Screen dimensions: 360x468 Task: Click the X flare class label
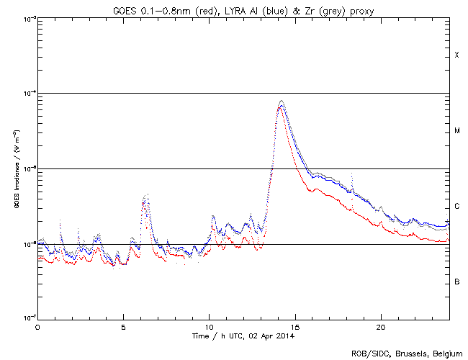pyautogui.click(x=456, y=55)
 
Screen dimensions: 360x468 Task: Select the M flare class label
pyautogui.click(x=456, y=131)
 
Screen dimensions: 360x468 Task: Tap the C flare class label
pyautogui.click(x=456, y=207)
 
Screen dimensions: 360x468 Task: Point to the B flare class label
pyautogui.click(x=456, y=282)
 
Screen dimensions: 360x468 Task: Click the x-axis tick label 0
pyautogui.click(x=37, y=326)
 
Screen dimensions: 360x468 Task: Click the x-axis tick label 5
pyautogui.click(x=123, y=326)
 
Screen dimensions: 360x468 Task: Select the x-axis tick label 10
pyautogui.click(x=209, y=326)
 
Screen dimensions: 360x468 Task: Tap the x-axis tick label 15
pyautogui.click(x=294, y=326)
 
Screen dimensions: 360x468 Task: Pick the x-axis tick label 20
pyautogui.click(x=380, y=326)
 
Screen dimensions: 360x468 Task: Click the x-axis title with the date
pyautogui.click(x=243, y=336)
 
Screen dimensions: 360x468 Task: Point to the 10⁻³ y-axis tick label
pyautogui.click(x=28, y=18)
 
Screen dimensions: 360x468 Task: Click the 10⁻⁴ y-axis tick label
pyautogui.click(x=28, y=94)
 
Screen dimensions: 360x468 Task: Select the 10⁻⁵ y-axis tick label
pyautogui.click(x=28, y=168)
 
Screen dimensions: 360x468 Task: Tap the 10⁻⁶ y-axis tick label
pyautogui.click(x=28, y=244)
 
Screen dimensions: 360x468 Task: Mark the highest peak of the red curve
pyautogui.click(x=281, y=107)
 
